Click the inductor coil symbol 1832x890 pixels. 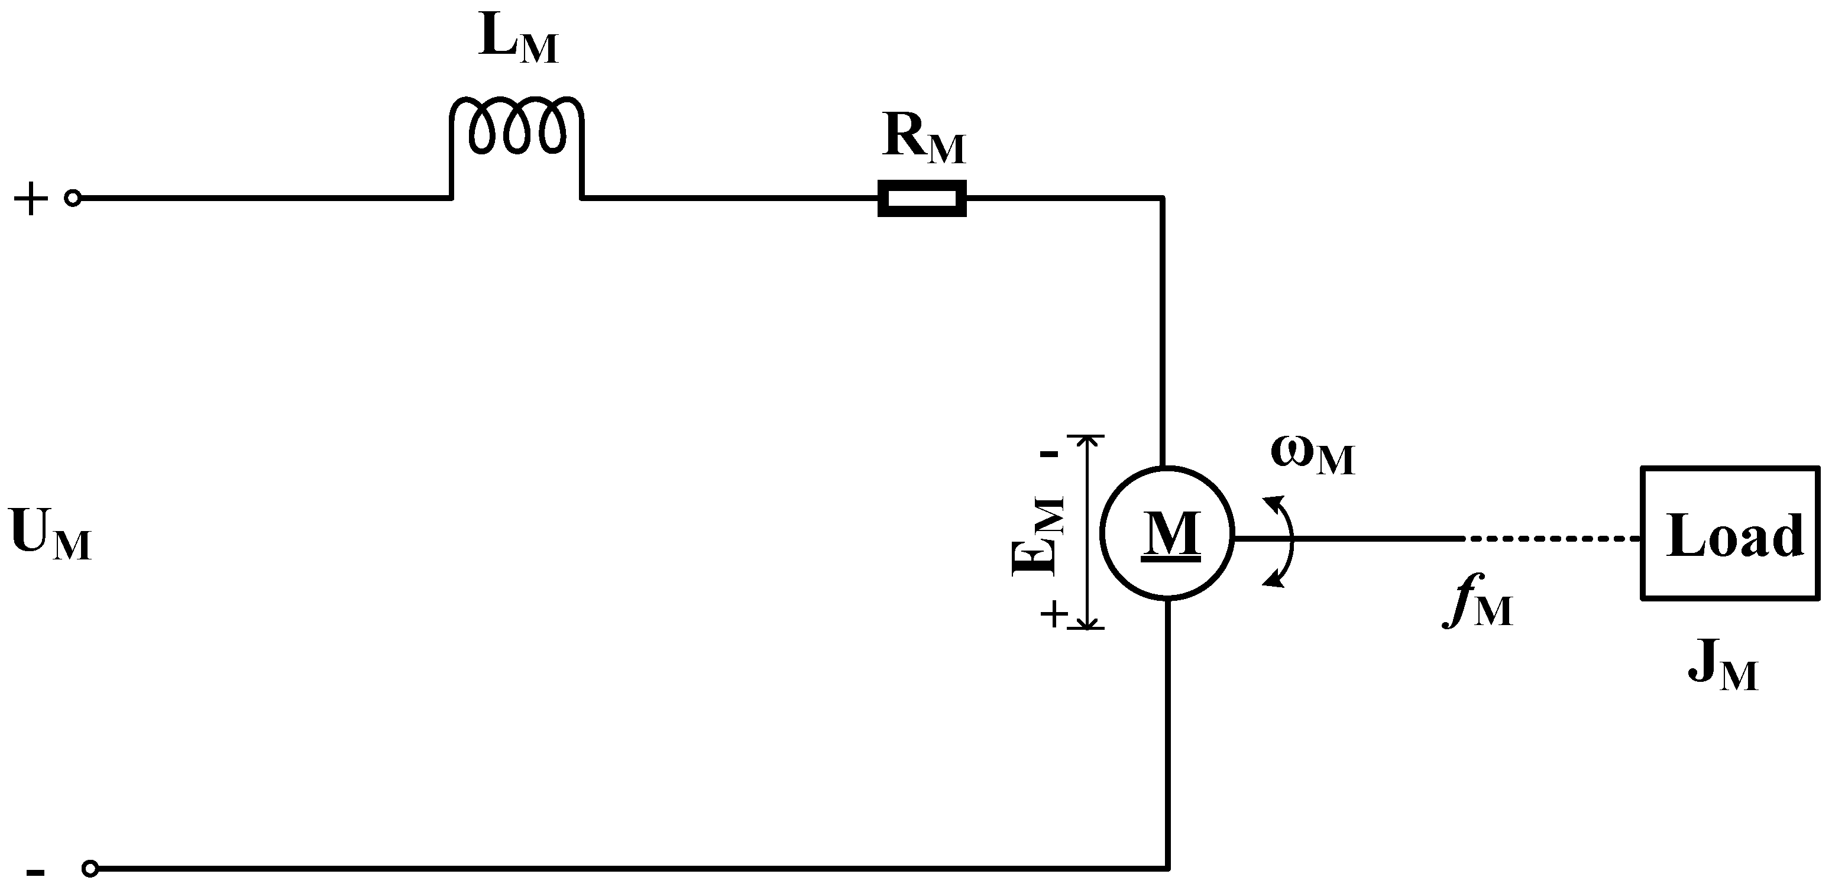click(x=517, y=127)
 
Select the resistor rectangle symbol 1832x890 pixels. click(x=922, y=199)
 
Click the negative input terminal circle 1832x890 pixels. click(x=90, y=868)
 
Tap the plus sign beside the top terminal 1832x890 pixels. click(x=31, y=199)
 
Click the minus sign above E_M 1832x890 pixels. click(x=1050, y=454)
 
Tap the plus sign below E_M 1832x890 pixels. click(x=1054, y=613)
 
